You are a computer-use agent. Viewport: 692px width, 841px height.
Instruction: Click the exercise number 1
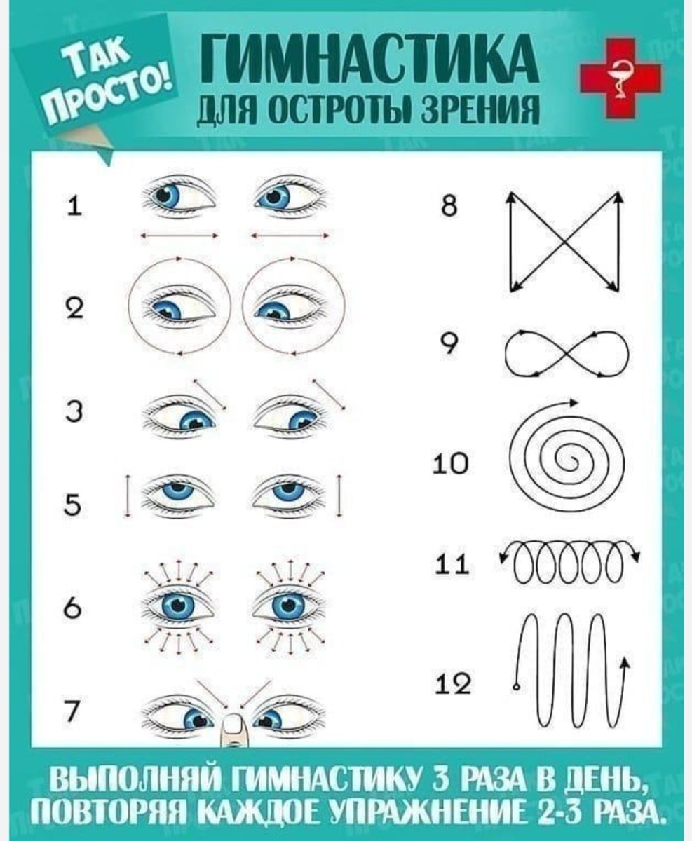click(x=74, y=207)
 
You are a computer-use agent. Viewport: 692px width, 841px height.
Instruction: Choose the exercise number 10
click(x=451, y=463)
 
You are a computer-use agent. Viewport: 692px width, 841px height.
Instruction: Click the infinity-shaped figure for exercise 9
click(x=567, y=353)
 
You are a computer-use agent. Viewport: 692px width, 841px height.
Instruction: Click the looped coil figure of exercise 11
click(x=569, y=561)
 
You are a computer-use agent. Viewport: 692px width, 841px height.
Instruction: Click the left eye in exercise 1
click(x=179, y=197)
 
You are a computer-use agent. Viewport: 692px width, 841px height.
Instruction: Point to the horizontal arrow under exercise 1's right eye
click(x=291, y=236)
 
